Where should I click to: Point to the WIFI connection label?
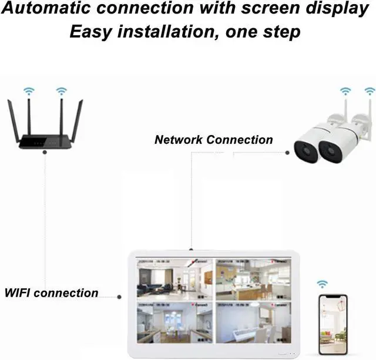[x=52, y=292]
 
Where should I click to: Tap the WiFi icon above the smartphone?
[x=322, y=284]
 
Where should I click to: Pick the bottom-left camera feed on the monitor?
[x=174, y=322]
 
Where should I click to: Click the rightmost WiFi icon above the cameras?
[x=370, y=91]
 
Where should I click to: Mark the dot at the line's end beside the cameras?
[x=287, y=153]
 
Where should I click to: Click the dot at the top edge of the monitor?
[x=192, y=250]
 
